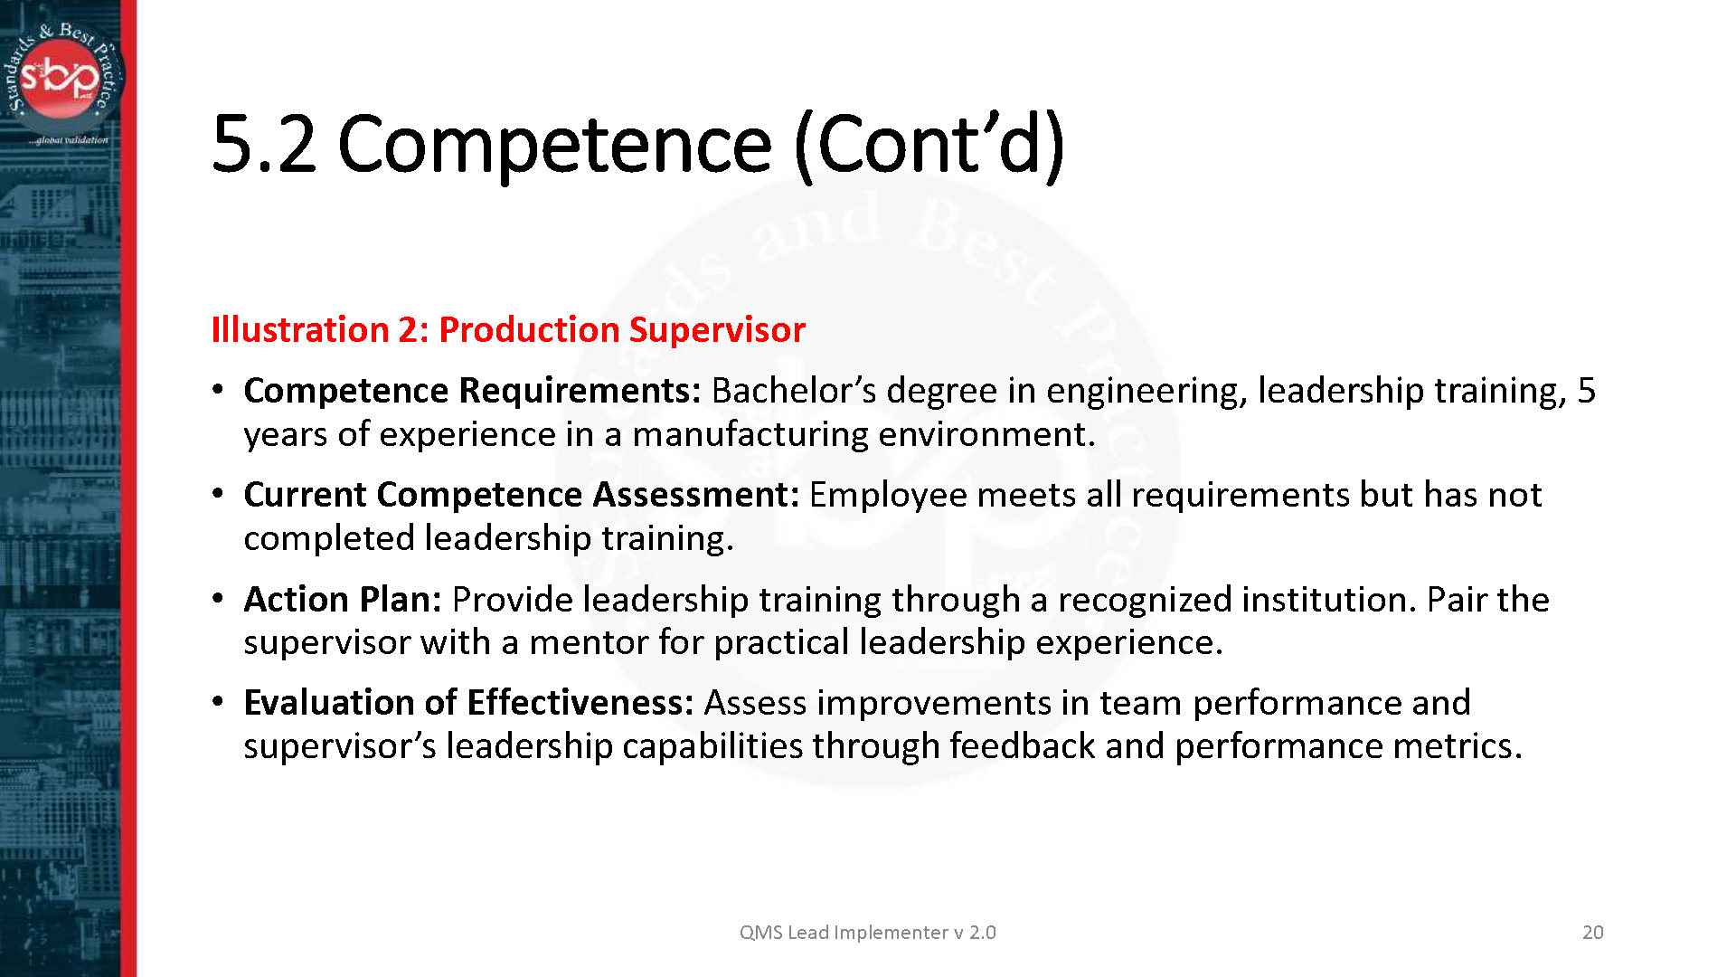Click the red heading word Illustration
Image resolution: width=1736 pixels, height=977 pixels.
[x=299, y=329]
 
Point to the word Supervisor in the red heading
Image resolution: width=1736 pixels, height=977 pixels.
[x=716, y=329]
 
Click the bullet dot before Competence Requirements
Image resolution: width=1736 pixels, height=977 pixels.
[x=217, y=390]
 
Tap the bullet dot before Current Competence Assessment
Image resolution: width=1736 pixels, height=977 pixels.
[x=217, y=494]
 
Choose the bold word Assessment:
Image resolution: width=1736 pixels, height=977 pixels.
[x=695, y=494]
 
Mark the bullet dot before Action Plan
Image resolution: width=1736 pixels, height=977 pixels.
[x=217, y=599]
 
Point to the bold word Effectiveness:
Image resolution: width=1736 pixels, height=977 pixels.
[x=580, y=702]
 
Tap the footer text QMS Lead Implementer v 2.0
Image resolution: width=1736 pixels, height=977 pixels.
[x=867, y=933]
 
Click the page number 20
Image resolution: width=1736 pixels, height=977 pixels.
[x=1592, y=933]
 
